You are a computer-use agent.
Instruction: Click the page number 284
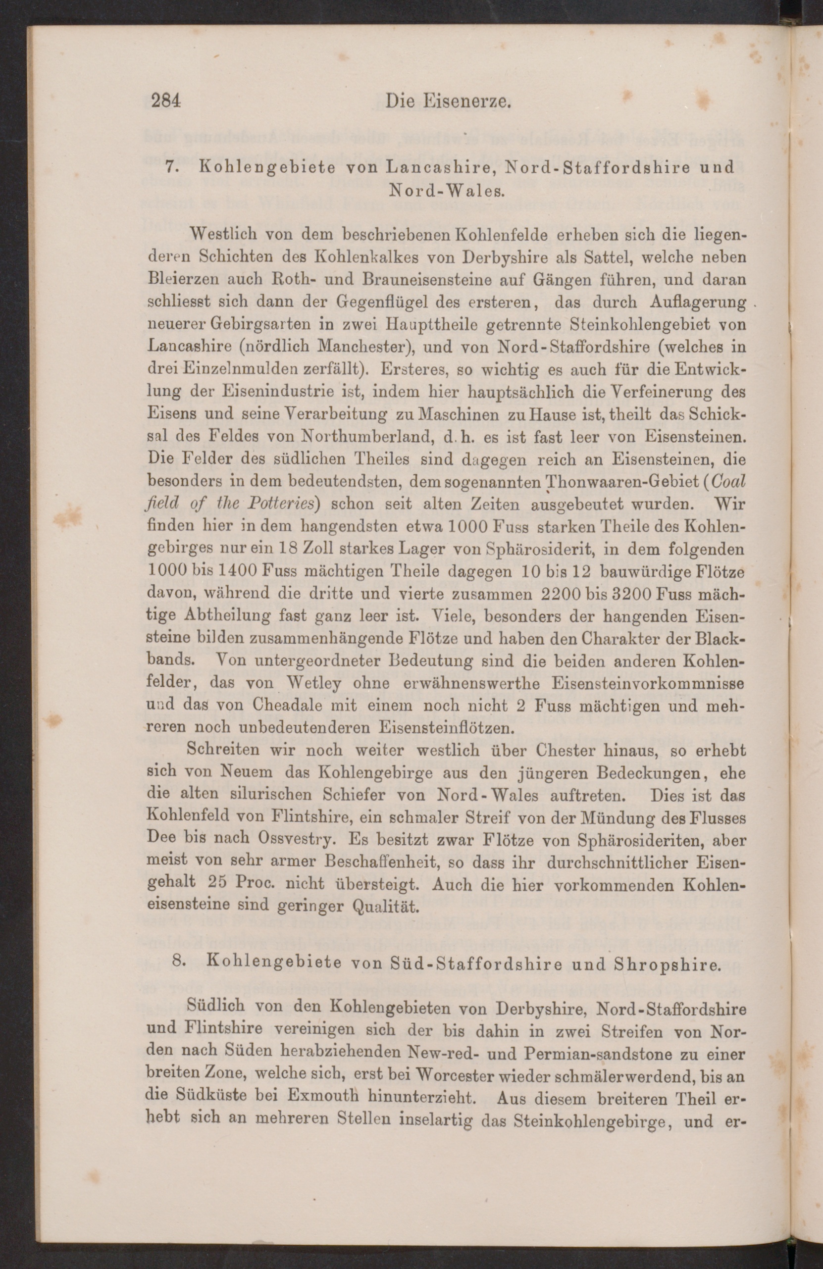pos(166,102)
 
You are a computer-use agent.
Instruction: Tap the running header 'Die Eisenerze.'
pos(449,101)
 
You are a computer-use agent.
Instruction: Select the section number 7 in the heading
pos(170,167)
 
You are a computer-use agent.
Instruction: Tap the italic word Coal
pos(728,481)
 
